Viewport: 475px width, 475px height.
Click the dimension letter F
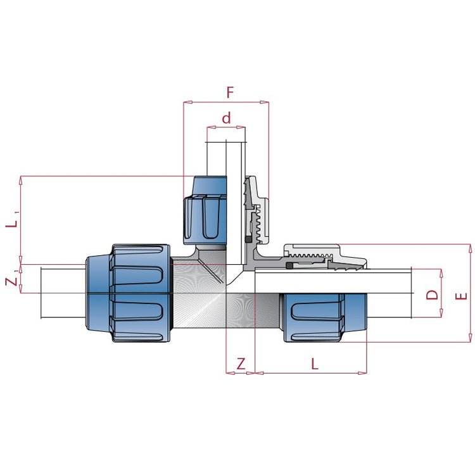point(230,92)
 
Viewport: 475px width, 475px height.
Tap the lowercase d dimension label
point(226,118)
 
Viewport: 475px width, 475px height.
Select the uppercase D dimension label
point(431,294)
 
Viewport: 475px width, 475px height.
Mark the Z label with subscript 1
point(12,279)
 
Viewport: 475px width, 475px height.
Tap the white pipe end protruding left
point(62,293)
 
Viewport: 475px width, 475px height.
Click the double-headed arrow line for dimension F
point(226,101)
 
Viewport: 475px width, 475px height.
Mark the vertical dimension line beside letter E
point(471,294)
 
